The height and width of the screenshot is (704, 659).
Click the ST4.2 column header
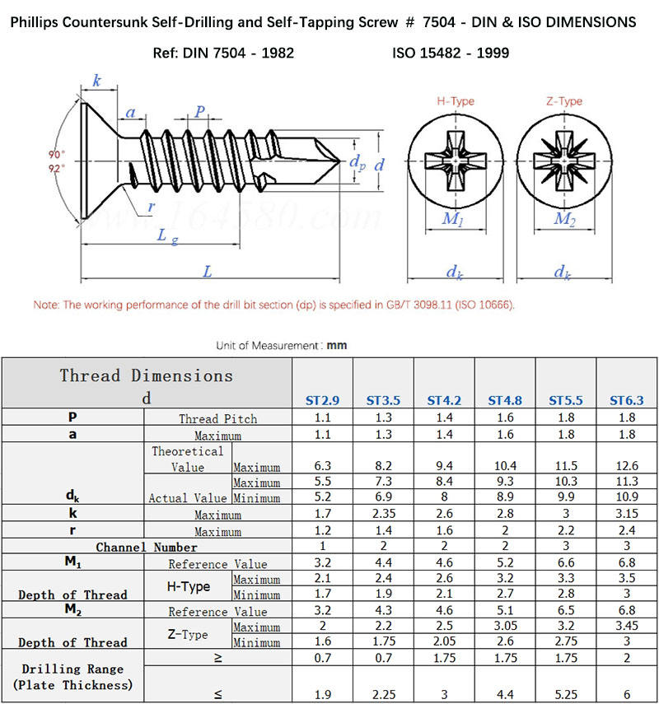(x=444, y=401)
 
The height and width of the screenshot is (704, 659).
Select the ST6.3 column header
(x=627, y=401)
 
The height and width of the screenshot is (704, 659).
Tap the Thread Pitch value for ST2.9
(x=322, y=418)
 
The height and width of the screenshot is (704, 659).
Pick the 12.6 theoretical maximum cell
(x=627, y=466)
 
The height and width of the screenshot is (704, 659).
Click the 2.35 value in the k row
(x=383, y=514)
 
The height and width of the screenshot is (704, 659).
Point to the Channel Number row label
(x=147, y=547)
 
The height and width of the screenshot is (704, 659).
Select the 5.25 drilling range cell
(x=566, y=693)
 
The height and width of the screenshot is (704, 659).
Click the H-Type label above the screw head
(x=455, y=101)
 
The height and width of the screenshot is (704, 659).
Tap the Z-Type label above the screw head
(x=564, y=101)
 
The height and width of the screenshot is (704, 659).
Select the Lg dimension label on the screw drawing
(x=167, y=236)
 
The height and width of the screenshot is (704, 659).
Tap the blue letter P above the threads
(x=200, y=112)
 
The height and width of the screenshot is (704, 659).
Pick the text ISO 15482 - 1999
(x=451, y=53)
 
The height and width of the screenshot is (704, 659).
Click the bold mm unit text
(x=337, y=346)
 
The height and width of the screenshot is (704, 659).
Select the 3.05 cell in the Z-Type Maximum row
(x=505, y=627)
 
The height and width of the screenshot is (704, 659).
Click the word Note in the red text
(x=45, y=305)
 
